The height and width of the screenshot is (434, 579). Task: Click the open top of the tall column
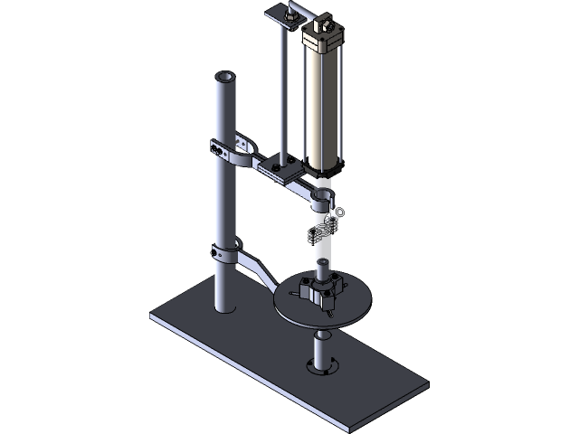point(226,78)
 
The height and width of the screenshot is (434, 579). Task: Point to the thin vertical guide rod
point(282,90)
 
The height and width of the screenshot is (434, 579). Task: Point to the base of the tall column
point(223,303)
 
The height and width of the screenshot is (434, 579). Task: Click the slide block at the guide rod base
point(282,166)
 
